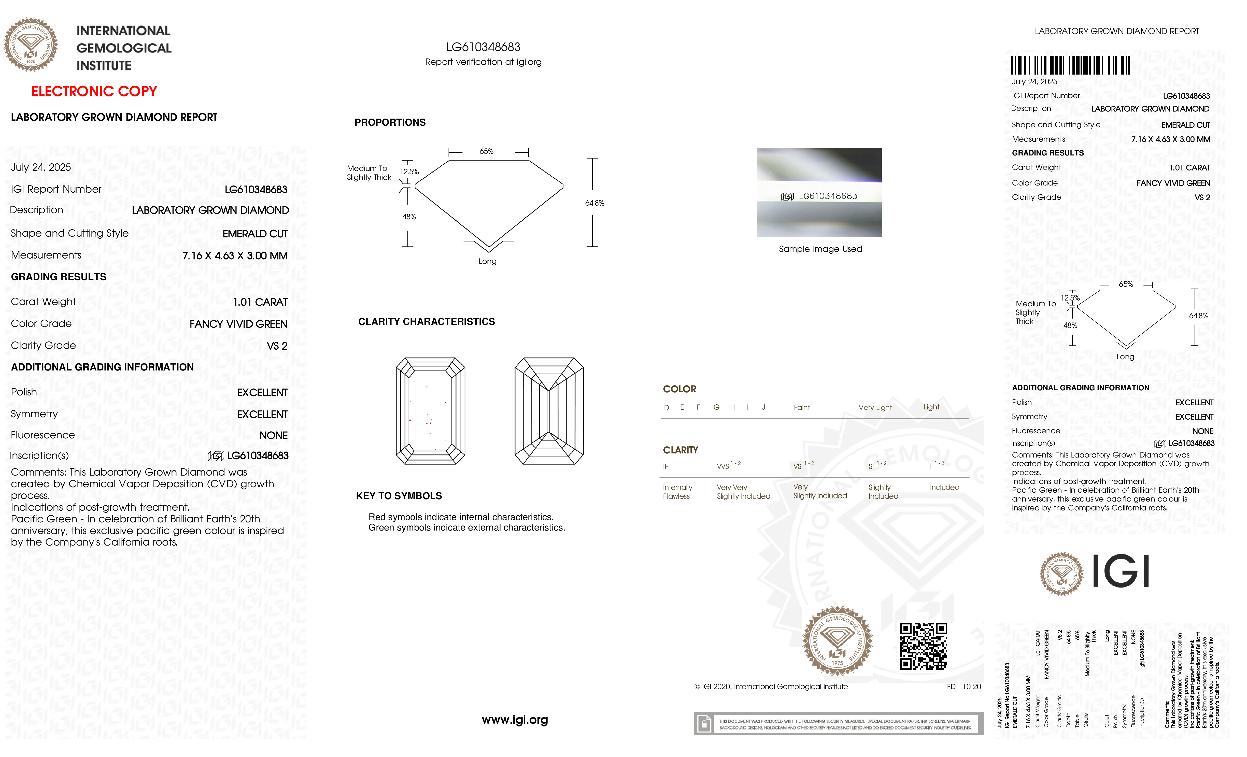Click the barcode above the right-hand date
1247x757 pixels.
(x=1070, y=66)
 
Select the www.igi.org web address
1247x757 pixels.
(x=515, y=720)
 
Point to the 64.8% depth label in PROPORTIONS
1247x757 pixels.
(x=595, y=203)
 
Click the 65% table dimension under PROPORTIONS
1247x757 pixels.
(x=486, y=151)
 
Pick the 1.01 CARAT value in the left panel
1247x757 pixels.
(x=260, y=302)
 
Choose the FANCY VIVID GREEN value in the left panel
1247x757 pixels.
(x=238, y=324)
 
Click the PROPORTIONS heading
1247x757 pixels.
(x=390, y=122)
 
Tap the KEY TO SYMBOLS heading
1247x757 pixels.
(x=399, y=496)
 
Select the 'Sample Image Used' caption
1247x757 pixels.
(x=820, y=249)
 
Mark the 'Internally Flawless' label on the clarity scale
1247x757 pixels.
(x=677, y=491)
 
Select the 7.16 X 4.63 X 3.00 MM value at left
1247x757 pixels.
(x=235, y=255)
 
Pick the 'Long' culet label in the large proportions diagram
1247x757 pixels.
(x=487, y=261)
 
